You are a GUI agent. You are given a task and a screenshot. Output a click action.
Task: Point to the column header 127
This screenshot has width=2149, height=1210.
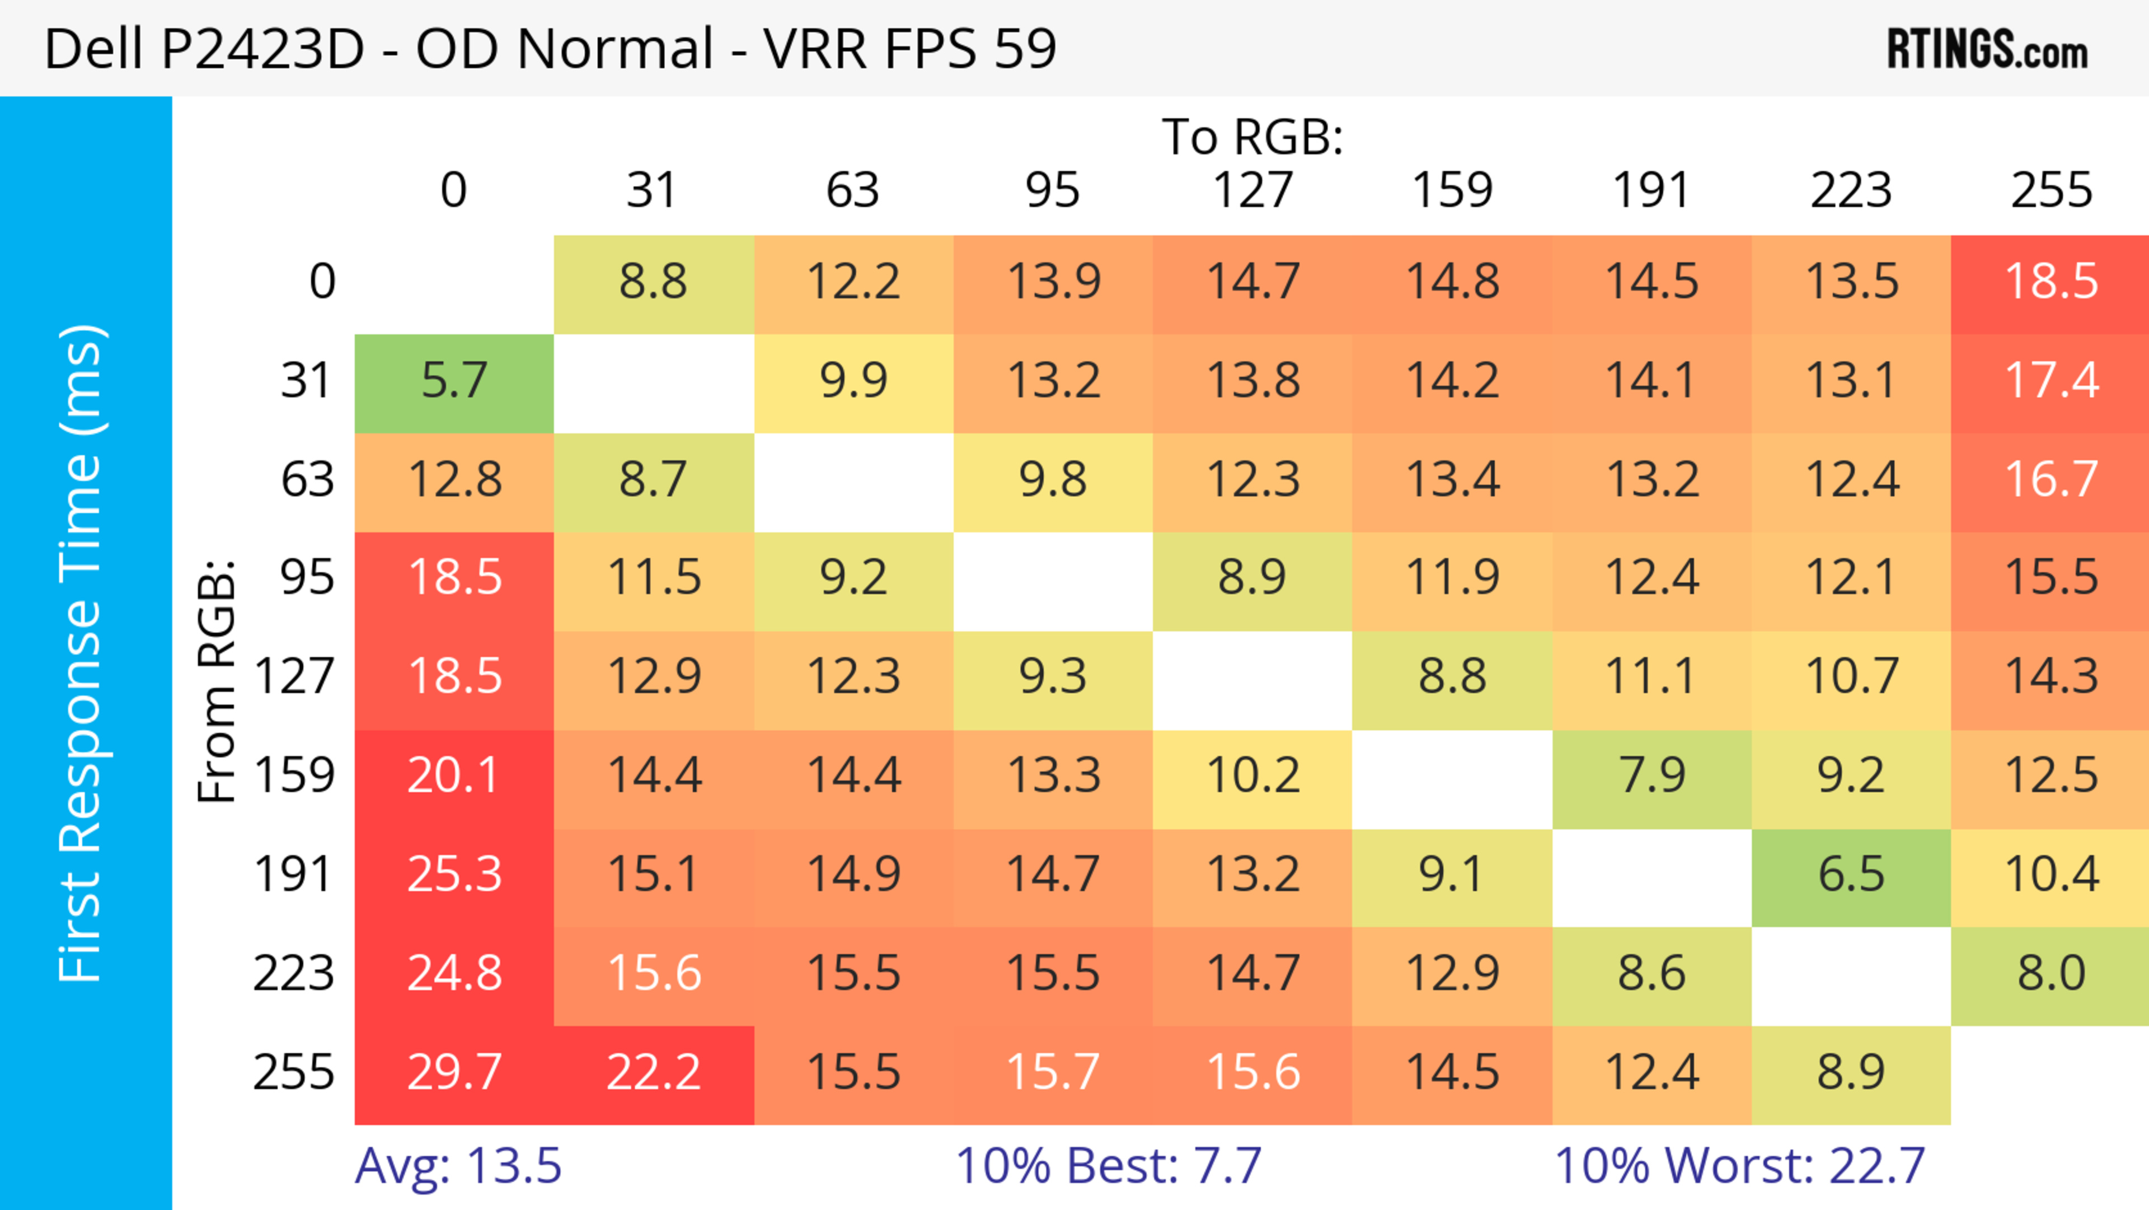click(1252, 190)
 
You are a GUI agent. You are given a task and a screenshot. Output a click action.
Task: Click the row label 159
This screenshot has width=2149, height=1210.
click(294, 776)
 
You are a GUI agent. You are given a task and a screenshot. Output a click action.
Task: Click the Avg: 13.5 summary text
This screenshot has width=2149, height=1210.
click(458, 1166)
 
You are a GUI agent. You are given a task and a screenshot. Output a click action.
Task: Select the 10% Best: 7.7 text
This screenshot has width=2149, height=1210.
click(1108, 1166)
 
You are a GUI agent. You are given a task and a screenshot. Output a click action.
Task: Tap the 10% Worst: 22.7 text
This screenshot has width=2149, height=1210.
click(1739, 1166)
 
